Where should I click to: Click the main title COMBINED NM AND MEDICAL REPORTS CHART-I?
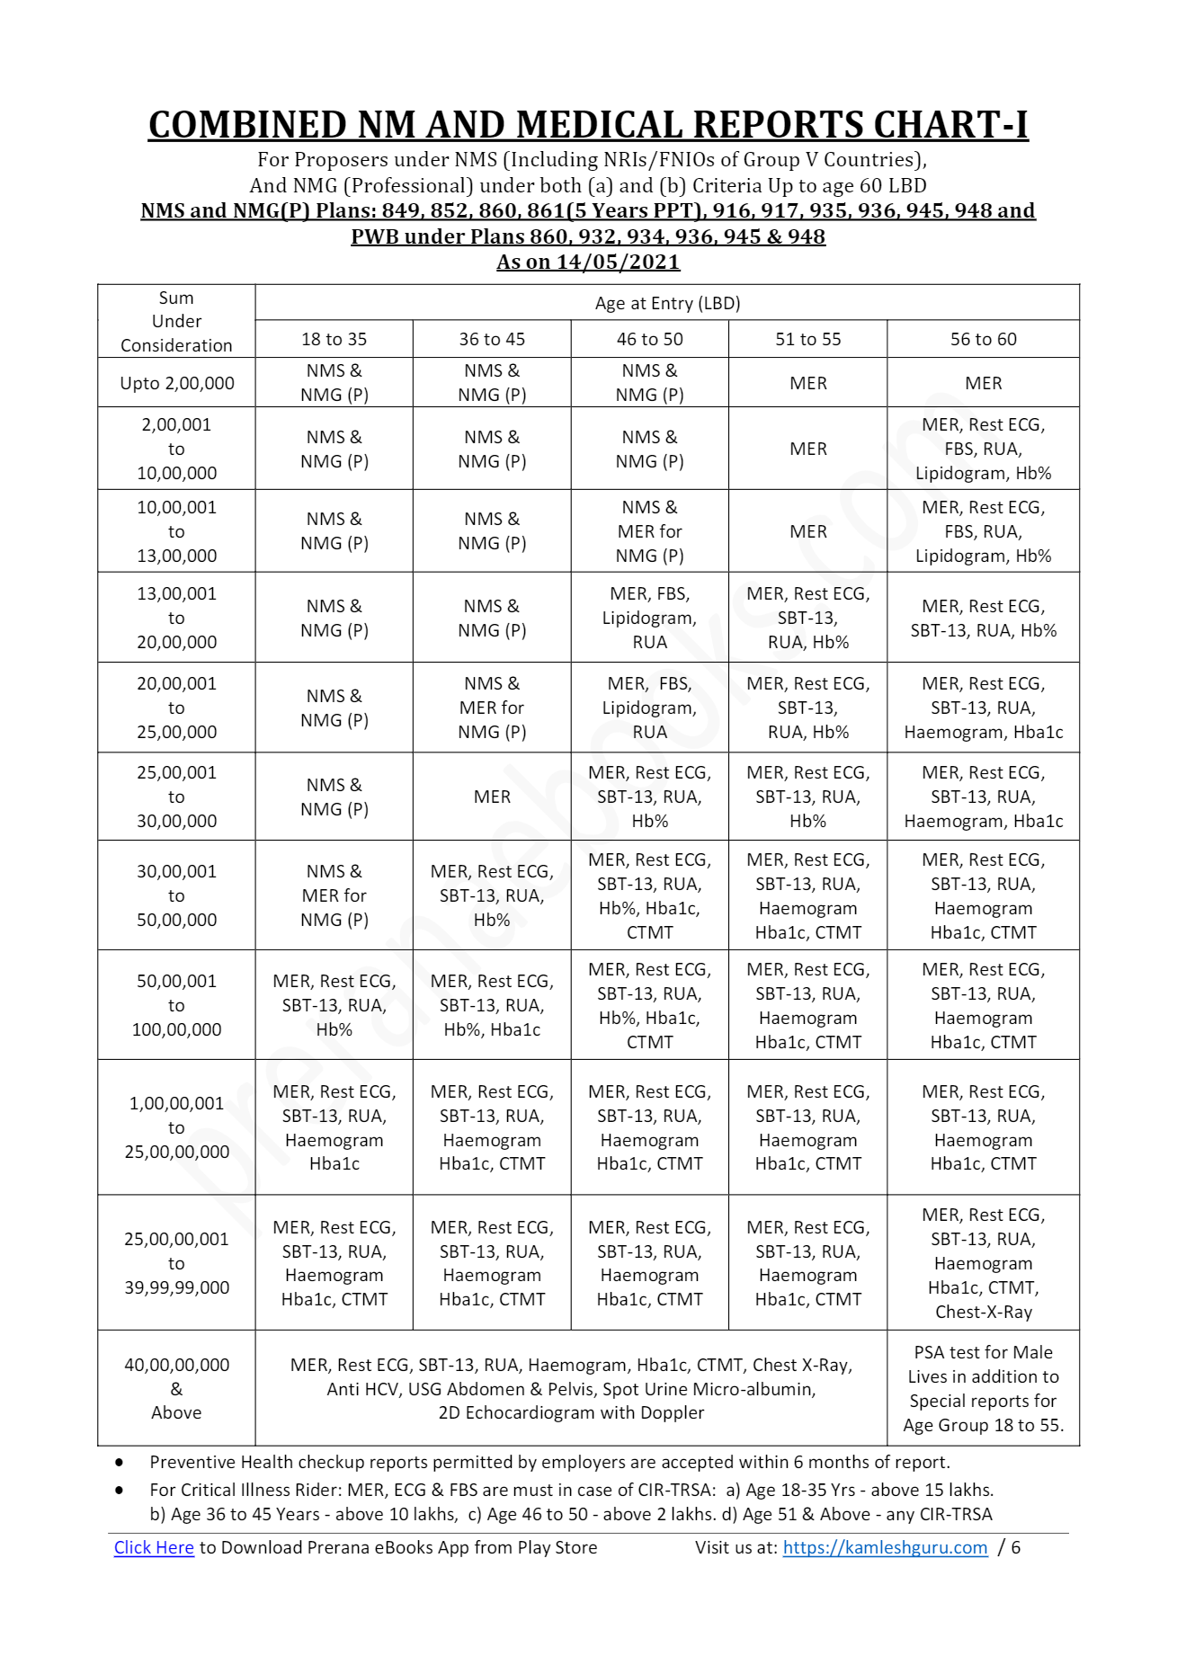(588, 125)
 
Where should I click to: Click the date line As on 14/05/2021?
(588, 262)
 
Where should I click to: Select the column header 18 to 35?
(334, 339)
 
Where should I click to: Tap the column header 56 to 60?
(983, 339)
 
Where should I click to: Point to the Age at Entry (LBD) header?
(667, 303)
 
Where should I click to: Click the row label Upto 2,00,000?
(176, 383)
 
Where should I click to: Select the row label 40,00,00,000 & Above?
(176, 1388)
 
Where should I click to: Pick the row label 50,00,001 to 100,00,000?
(176, 1005)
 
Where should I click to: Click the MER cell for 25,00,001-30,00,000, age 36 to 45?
(492, 797)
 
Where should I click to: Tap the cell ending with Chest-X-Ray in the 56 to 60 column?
(983, 1262)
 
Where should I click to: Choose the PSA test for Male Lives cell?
(983, 1388)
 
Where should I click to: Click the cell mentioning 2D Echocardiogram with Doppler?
(571, 1388)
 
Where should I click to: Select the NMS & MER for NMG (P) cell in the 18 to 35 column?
(334, 895)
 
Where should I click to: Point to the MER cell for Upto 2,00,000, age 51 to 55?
(807, 383)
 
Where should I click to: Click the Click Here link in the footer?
(154, 1547)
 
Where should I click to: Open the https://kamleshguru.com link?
(885, 1547)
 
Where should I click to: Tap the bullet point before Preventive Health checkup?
(120, 1463)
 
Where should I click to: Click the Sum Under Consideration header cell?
(176, 321)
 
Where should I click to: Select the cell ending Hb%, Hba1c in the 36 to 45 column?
(492, 1005)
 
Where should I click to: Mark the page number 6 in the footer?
(1016, 1547)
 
